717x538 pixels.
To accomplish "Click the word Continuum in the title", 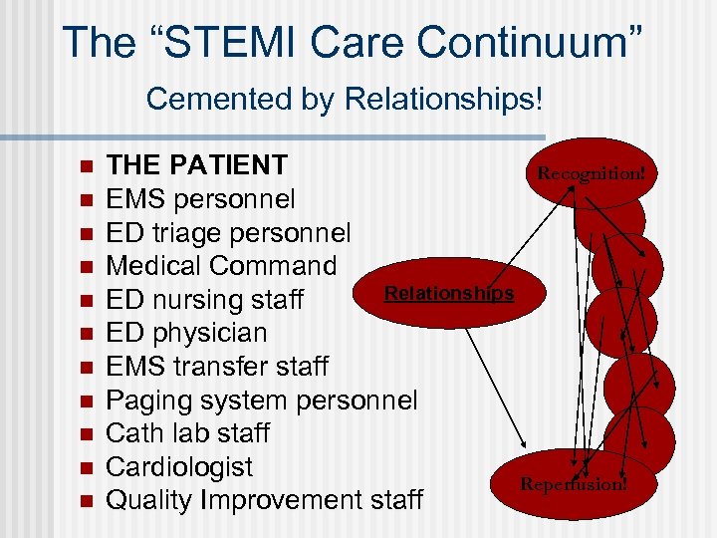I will (x=529, y=43).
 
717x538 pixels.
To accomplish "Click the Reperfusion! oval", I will (x=575, y=484).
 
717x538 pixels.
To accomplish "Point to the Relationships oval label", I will (x=448, y=293).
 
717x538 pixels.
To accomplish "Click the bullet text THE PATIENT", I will (x=197, y=165).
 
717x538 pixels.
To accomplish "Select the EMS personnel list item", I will (x=200, y=199).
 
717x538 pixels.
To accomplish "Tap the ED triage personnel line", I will (x=228, y=233).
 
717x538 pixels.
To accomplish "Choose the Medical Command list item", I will (x=221, y=266).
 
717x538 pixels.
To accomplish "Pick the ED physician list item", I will (x=186, y=333).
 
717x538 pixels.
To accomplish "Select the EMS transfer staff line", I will (x=216, y=367).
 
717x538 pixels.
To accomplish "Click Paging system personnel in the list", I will (x=261, y=401).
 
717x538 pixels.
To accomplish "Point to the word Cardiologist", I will (x=179, y=467).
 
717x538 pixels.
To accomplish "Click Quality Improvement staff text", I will (x=264, y=500).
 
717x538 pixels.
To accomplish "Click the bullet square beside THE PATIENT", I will (x=87, y=165).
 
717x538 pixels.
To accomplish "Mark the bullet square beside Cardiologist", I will (x=87, y=467).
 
